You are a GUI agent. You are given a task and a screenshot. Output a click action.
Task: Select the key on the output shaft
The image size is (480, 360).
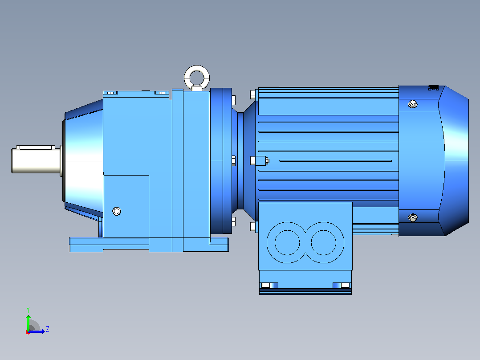[36, 147]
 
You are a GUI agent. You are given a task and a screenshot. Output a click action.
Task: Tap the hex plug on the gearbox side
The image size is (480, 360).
[117, 211]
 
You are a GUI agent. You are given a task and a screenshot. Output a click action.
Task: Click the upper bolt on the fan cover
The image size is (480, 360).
[413, 104]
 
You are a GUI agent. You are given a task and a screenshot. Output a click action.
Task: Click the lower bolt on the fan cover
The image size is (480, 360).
[413, 218]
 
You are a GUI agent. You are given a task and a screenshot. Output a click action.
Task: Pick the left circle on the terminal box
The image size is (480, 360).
[287, 242]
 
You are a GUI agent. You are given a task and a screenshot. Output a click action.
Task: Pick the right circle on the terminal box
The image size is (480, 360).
[324, 242]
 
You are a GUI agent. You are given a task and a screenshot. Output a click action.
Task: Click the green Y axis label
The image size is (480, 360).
[28, 310]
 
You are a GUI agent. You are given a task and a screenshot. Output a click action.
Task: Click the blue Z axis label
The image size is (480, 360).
[48, 329]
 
